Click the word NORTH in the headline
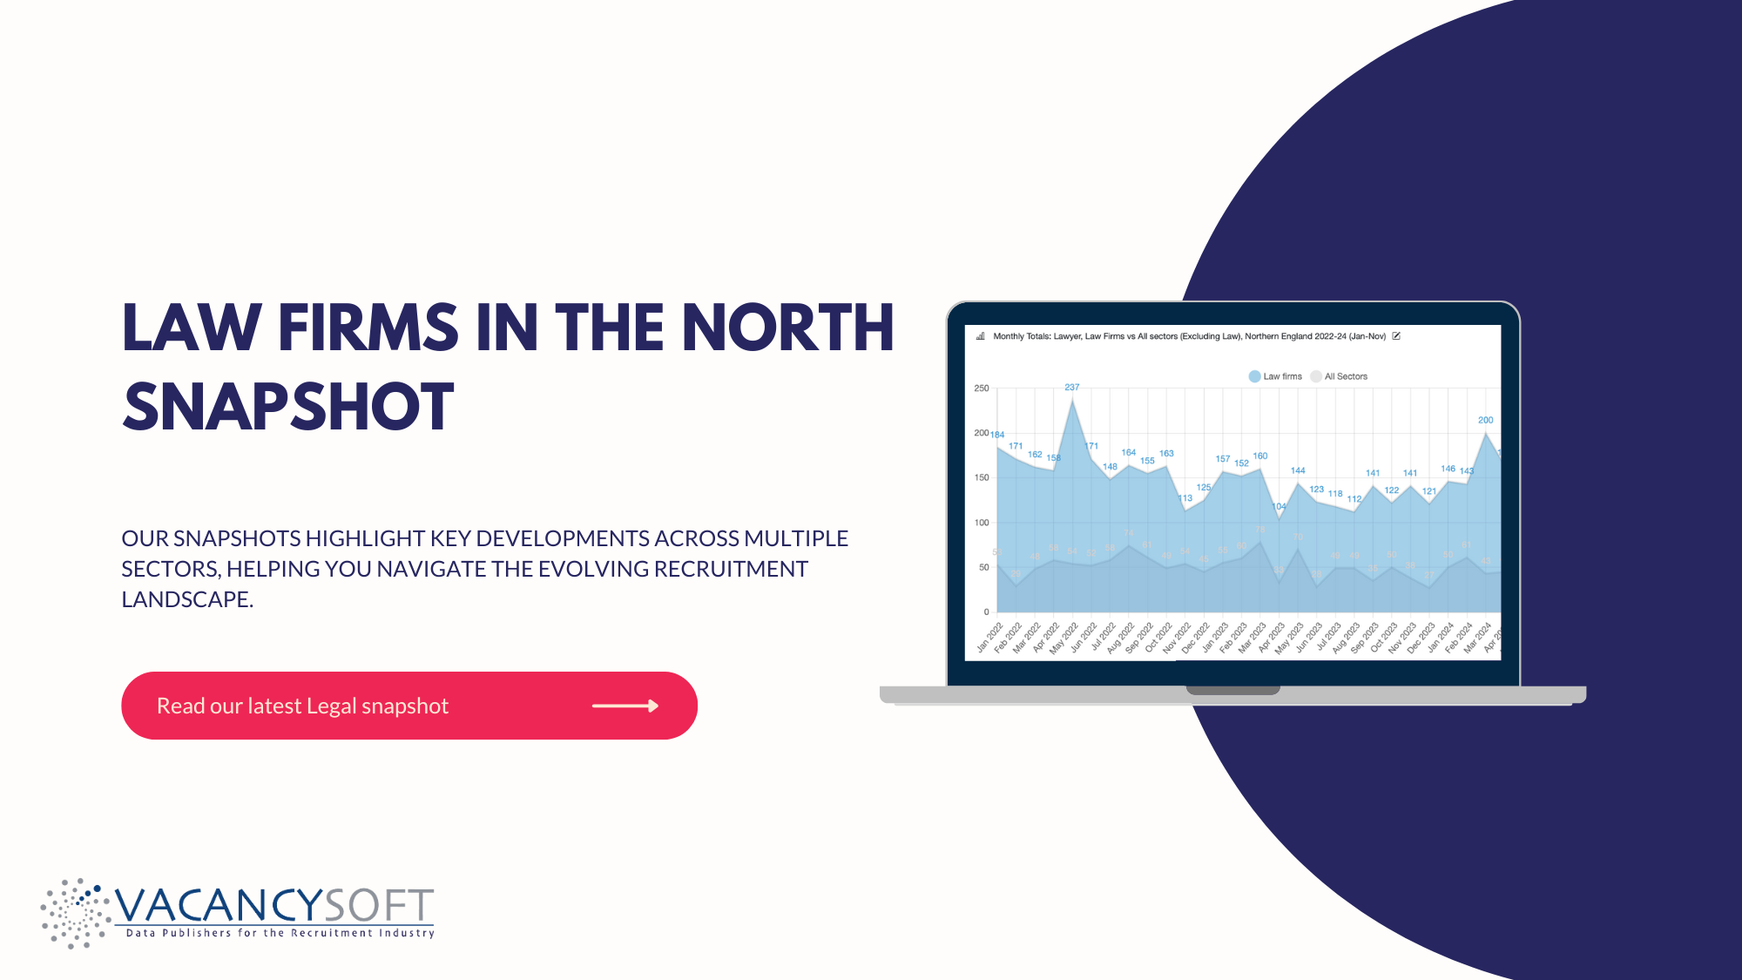pyautogui.click(x=787, y=328)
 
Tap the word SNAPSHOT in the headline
pyautogui.click(x=288, y=407)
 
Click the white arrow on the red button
pyautogui.click(x=625, y=706)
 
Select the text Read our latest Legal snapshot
pyautogui.click(x=302, y=706)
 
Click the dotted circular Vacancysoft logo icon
pyautogui.click(x=75, y=913)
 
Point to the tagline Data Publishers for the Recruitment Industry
pyautogui.click(x=280, y=933)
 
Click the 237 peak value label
pyautogui.click(x=1071, y=387)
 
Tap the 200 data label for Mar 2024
pyautogui.click(x=1485, y=420)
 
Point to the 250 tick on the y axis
pyautogui.click(x=982, y=389)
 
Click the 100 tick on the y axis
pyautogui.click(x=982, y=523)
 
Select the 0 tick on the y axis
pyautogui.click(x=986, y=612)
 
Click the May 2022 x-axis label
pyautogui.click(x=1063, y=639)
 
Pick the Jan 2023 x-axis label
pyautogui.click(x=1214, y=639)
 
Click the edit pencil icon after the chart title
pyautogui.click(x=1396, y=336)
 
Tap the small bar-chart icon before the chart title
pyautogui.click(x=980, y=336)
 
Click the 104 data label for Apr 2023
pyautogui.click(x=1279, y=506)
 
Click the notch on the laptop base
pyautogui.click(x=1232, y=690)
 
